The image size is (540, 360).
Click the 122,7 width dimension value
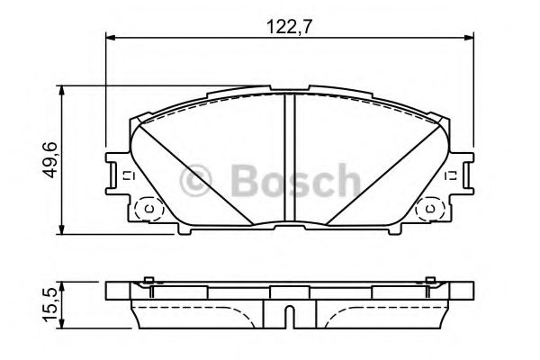coord(289,26)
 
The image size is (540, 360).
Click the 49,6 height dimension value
coord(49,160)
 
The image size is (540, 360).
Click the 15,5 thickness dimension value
coord(49,306)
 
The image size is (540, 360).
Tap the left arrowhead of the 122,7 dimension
coord(110,37)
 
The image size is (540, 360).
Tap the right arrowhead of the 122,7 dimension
coord(469,37)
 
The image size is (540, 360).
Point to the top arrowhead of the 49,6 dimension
coord(62,91)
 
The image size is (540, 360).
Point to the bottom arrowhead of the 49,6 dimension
coord(62,229)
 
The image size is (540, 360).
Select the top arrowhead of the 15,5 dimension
coord(62,287)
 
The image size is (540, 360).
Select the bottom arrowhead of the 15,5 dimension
coord(62,323)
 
